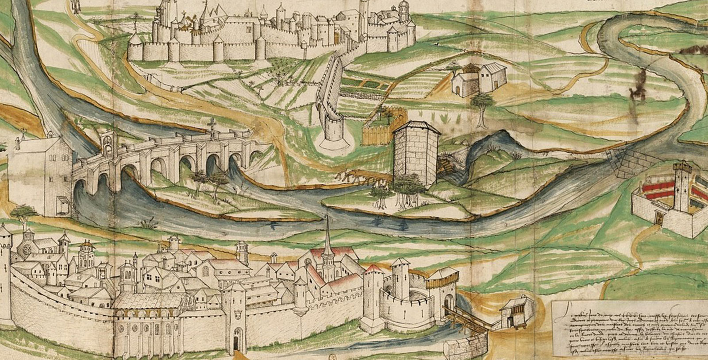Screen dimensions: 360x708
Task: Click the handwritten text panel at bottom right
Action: (x=629, y=328)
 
